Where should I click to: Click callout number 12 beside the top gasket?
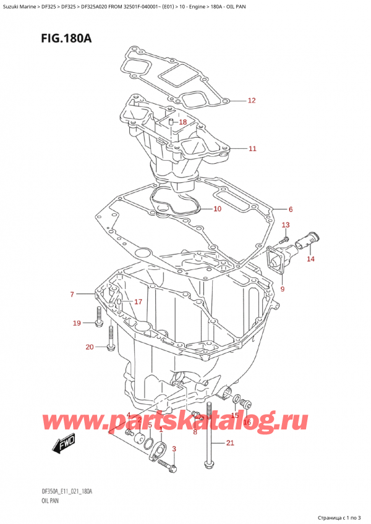coord(252,101)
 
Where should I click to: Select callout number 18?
coord(182,122)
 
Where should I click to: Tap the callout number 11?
coord(252,149)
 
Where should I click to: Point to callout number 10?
coord(217,209)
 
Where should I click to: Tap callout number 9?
coord(283,289)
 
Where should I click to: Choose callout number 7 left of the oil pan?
coord(72,294)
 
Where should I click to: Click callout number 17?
coord(139,302)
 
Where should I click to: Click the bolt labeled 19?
coord(99,321)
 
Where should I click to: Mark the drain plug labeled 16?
coord(247,405)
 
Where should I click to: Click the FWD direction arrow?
coord(63,445)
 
